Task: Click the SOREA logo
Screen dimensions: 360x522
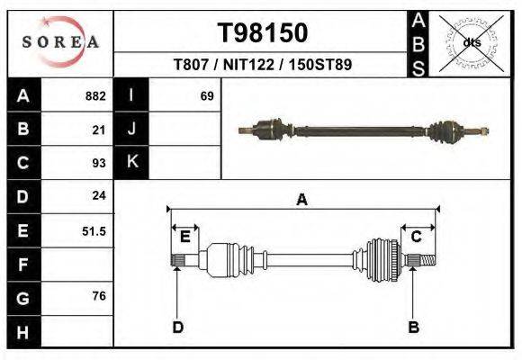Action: click(59, 42)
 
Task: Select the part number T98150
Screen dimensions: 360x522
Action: click(263, 33)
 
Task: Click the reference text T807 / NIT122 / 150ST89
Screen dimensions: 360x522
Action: click(263, 65)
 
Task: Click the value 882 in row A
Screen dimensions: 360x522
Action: click(95, 95)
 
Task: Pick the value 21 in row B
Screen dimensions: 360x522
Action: click(99, 129)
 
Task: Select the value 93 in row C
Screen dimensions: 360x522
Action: click(99, 163)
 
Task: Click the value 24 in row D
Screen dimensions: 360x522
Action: click(99, 195)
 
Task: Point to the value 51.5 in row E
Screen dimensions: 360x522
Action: click(94, 230)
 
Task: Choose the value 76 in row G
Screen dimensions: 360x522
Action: click(99, 296)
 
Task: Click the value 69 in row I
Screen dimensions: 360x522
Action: click(207, 95)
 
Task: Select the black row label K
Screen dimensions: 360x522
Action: click(131, 162)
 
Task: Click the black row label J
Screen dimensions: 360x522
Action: click(131, 129)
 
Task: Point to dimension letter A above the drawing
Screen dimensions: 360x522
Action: click(301, 200)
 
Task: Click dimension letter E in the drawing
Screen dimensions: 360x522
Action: click(184, 237)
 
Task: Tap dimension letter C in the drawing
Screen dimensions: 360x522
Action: click(417, 237)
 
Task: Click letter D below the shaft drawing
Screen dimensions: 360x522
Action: click(178, 326)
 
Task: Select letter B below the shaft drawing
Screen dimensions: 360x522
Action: click(414, 326)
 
